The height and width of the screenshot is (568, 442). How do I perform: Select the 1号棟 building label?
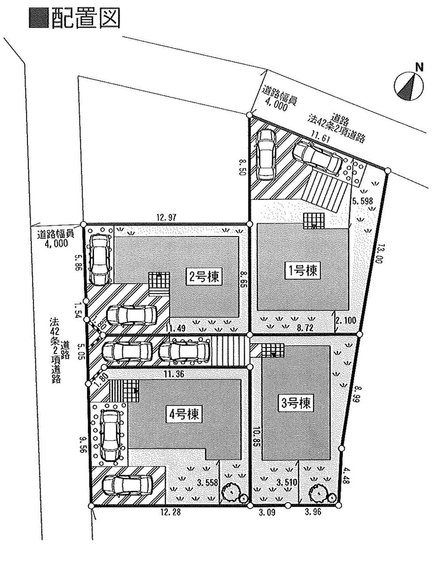(x=302, y=270)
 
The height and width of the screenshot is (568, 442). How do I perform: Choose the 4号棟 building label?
(x=185, y=414)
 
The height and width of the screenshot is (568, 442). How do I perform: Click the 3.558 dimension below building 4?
(x=207, y=483)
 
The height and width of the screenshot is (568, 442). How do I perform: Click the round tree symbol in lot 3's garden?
(x=317, y=491)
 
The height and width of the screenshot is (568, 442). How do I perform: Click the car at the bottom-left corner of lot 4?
(x=127, y=485)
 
